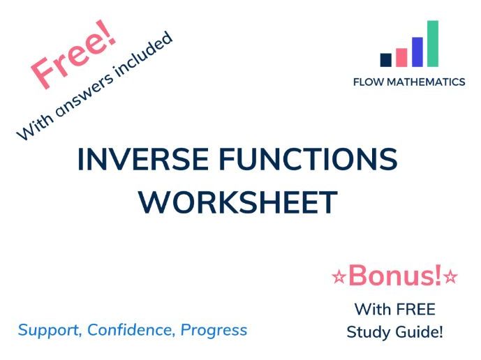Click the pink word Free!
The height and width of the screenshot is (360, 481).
pos(73,57)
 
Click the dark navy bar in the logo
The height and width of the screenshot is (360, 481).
pos(385,60)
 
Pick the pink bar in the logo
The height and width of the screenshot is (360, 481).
pos(401,57)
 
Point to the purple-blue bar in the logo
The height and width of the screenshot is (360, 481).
pos(417,52)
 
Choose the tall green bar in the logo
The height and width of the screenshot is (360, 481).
pos(433,43)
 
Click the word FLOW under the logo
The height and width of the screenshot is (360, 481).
pos(369,82)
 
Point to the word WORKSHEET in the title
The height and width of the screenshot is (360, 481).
pos(237,202)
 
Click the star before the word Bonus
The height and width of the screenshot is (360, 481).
pos(339,278)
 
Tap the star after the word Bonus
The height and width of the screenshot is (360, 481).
pos(451,278)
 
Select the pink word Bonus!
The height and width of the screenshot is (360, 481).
pos(395,276)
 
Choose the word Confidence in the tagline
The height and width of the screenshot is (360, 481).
pos(130,329)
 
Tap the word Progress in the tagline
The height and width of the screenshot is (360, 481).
pos(214,329)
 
